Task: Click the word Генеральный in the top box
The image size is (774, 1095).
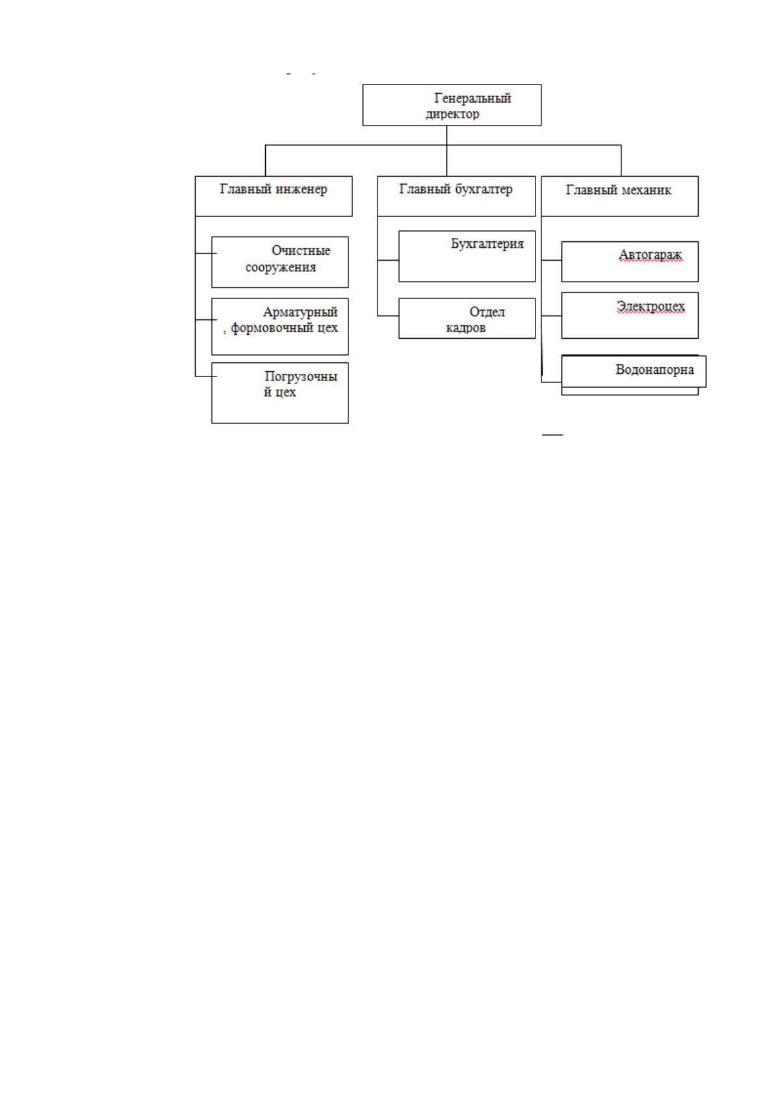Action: tap(472, 98)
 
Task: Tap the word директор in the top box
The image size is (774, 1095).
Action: tap(452, 114)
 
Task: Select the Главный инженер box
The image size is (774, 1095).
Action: tap(274, 196)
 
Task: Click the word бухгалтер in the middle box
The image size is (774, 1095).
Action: tap(484, 189)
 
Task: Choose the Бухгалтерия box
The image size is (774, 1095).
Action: tap(467, 256)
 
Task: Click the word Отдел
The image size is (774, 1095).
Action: tap(487, 312)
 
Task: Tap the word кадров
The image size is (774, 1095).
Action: tap(466, 328)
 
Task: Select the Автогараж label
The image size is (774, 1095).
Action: tap(650, 255)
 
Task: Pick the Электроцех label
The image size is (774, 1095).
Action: tap(651, 306)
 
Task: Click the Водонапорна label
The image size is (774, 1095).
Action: tap(655, 369)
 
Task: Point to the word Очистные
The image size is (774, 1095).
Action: tap(301, 251)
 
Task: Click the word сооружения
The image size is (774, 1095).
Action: tap(281, 267)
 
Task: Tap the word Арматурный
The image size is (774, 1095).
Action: tap(300, 312)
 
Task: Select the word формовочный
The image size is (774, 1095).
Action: tap(272, 328)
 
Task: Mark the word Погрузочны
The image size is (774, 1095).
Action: tap(301, 376)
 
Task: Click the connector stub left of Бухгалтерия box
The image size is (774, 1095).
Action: tap(388, 260)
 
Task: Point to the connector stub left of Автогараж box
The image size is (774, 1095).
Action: tap(552, 260)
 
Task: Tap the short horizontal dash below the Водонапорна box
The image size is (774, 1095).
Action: tap(552, 434)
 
